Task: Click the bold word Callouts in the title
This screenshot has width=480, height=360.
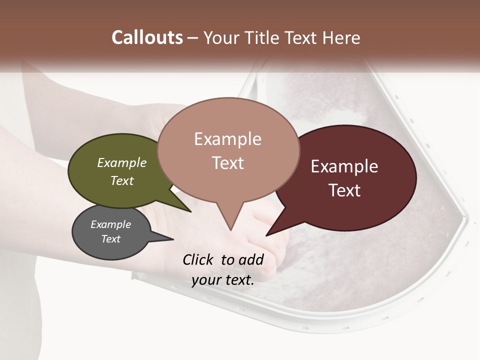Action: tap(147, 37)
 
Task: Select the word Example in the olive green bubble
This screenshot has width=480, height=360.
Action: tap(122, 162)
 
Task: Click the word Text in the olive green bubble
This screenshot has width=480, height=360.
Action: tap(122, 180)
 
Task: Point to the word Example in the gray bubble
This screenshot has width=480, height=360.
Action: tap(111, 224)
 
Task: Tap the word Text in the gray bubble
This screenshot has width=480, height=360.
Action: tap(111, 239)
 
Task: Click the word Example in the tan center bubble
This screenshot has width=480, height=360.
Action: tap(227, 138)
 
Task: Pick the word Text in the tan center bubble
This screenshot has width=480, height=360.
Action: tap(227, 162)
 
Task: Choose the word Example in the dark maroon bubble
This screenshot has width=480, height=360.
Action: tap(344, 166)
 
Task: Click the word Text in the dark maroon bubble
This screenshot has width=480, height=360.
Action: tap(344, 190)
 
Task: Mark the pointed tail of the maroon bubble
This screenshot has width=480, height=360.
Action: tap(267, 234)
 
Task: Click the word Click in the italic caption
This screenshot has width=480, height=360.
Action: tap(198, 259)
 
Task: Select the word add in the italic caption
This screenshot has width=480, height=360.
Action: tap(251, 259)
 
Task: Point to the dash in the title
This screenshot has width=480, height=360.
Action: tap(193, 38)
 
